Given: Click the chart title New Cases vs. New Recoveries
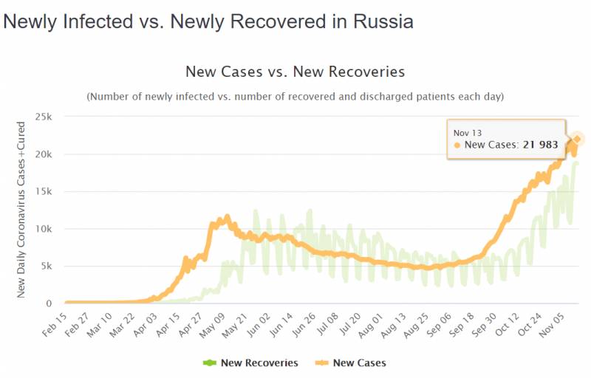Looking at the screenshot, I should [x=295, y=72].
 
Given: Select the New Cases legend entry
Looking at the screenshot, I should [x=353, y=362].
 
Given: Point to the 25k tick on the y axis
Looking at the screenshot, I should [x=42, y=117].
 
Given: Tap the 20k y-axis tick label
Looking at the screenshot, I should [x=42, y=154].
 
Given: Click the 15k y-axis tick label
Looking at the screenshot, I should [x=42, y=192].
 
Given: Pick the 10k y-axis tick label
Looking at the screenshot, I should [x=42, y=229].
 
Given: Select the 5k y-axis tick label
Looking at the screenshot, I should [x=45, y=267].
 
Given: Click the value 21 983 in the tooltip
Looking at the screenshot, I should [x=537, y=145].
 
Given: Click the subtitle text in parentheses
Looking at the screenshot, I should [x=295, y=97].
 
